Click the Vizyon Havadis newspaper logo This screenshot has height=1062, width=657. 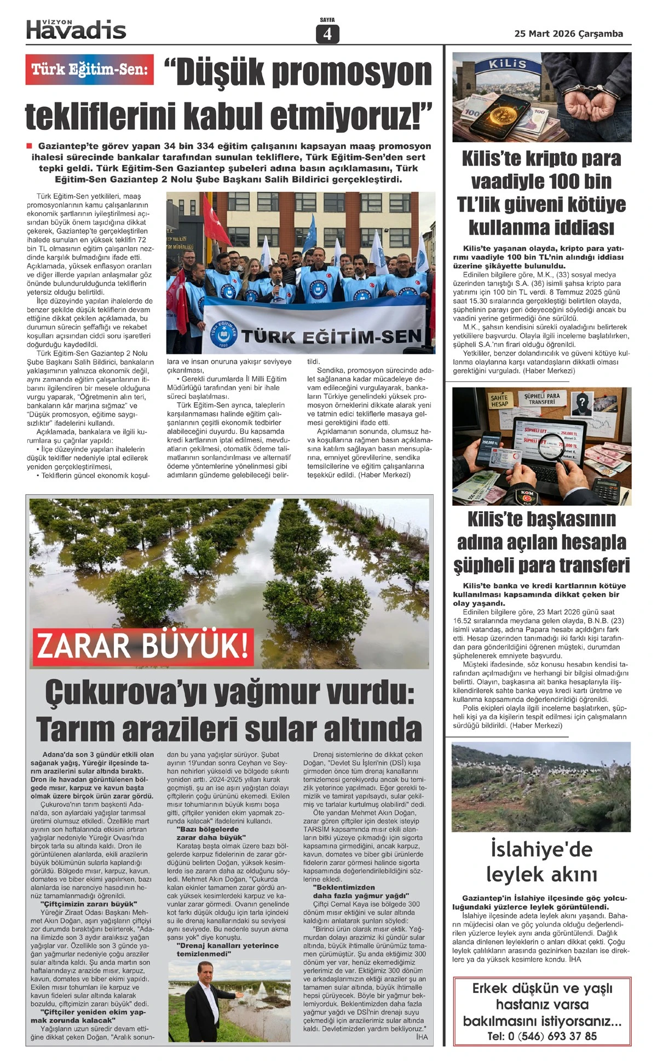(76, 29)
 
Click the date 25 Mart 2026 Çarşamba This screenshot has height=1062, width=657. (568, 34)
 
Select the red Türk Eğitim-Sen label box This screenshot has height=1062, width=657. (89, 70)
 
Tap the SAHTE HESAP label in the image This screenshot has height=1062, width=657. (499, 401)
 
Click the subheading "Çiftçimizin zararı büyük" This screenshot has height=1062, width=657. (89, 904)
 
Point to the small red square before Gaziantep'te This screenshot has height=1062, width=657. (30, 146)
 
